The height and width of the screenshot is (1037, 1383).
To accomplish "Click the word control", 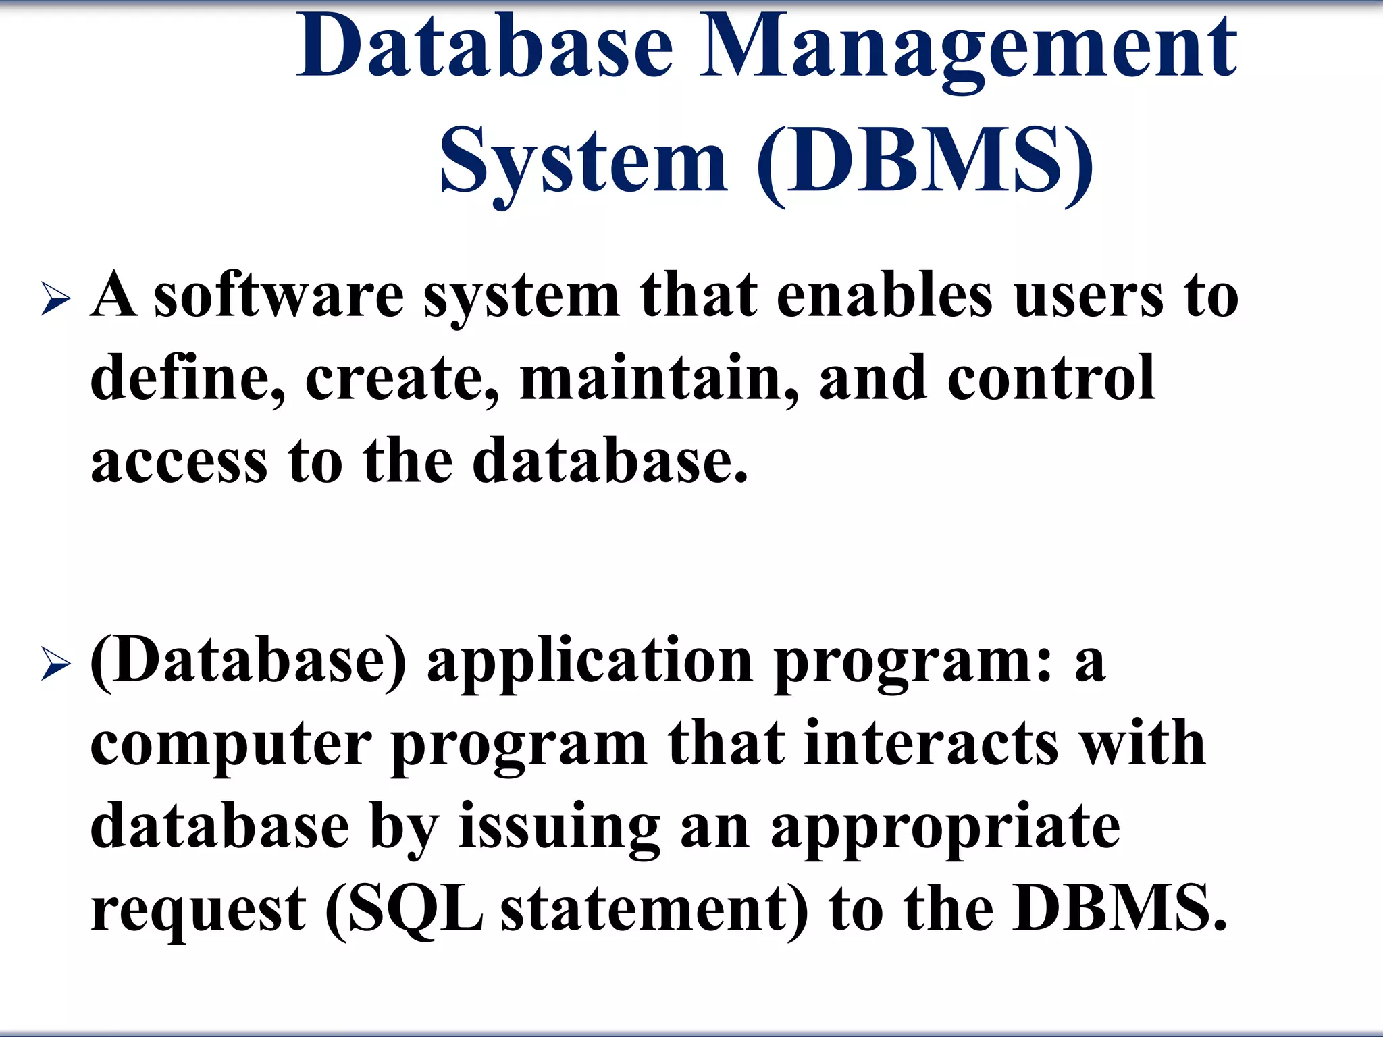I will point(1051,378).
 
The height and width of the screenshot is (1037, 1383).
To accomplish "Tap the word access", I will point(179,462).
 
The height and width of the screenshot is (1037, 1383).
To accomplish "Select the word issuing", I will point(559,829).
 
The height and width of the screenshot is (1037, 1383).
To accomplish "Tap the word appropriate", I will point(945,829).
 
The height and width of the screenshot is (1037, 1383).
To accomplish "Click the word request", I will point(199,911).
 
